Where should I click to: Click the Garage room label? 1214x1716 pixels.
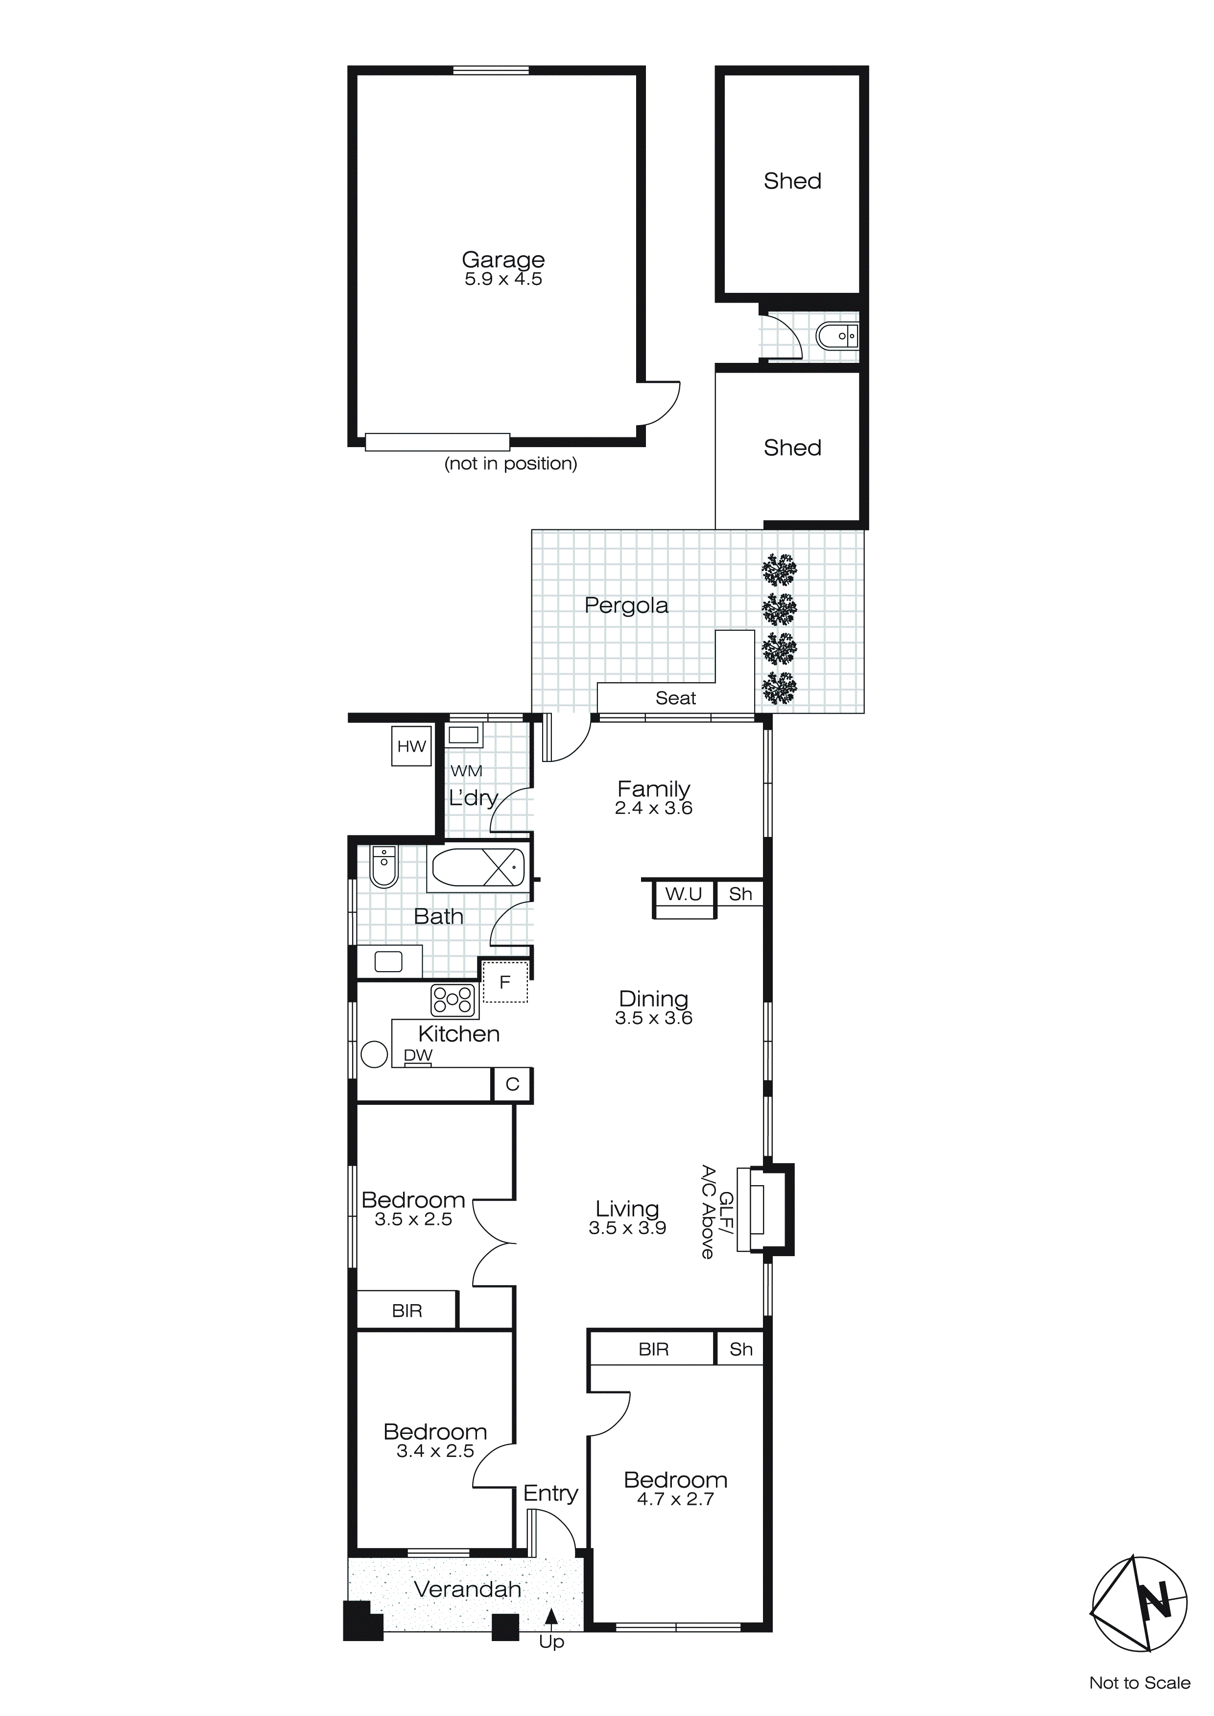pos(503,260)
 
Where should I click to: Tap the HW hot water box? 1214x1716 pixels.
pos(411,746)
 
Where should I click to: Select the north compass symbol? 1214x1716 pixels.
pos(1139,1603)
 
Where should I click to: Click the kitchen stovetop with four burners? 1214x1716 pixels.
pos(453,1000)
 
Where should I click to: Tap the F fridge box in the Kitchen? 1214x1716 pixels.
pos(505,982)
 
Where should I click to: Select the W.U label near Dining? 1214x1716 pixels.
pos(683,894)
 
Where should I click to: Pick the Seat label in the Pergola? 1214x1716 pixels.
pos(675,698)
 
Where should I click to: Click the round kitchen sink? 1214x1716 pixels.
pos(374,1054)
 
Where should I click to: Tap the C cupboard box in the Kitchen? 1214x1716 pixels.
pos(512,1084)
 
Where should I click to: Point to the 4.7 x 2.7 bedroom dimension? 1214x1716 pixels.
pos(675,1499)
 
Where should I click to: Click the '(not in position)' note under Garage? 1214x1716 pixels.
pos(511,463)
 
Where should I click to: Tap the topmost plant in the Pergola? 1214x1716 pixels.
pos(779,570)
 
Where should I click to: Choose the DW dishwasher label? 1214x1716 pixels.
pos(418,1055)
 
